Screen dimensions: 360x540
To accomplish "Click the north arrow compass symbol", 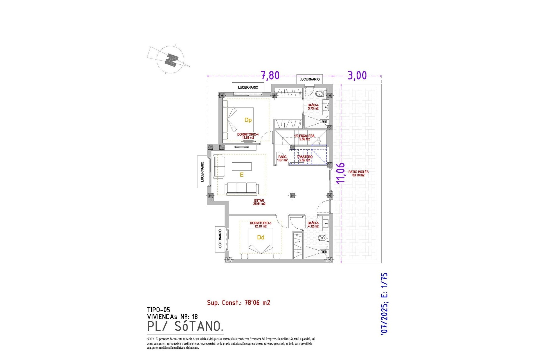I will pyautogui.click(x=170, y=60).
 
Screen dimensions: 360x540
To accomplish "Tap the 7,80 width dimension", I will pyautogui.click(x=270, y=75).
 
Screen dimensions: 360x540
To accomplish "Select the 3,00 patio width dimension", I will pyautogui.click(x=357, y=75).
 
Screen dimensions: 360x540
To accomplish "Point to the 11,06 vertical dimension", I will pyautogui.click(x=341, y=173).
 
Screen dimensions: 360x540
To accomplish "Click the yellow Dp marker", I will pyautogui.click(x=248, y=120).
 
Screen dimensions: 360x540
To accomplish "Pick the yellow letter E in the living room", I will pyautogui.click(x=242, y=175).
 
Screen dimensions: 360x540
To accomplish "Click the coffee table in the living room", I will pyautogui.click(x=242, y=166).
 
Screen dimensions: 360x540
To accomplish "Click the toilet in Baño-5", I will pyautogui.click(x=322, y=238).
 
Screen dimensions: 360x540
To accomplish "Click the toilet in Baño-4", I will pyautogui.click(x=320, y=94).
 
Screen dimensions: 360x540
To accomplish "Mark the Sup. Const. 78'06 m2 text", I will pyautogui.click(x=238, y=303).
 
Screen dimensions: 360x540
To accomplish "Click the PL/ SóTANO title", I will pyautogui.click(x=185, y=327).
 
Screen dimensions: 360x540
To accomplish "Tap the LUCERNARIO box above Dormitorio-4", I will pyautogui.click(x=248, y=87).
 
